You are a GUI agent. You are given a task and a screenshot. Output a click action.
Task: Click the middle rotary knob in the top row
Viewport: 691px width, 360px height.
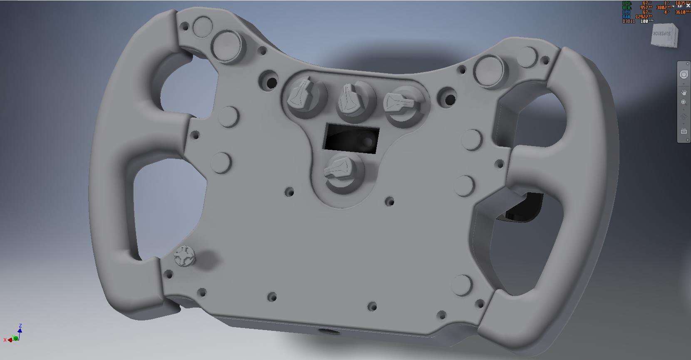353,100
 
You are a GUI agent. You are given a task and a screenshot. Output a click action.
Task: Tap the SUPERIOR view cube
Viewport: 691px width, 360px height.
664,35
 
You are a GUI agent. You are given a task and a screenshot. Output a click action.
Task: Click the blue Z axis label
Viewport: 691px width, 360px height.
20,326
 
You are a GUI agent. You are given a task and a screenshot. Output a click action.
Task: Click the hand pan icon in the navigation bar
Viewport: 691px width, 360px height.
684,92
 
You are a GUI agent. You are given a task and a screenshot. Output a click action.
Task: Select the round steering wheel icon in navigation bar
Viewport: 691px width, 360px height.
684,75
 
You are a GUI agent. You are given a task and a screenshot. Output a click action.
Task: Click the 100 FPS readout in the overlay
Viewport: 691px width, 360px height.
646,21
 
